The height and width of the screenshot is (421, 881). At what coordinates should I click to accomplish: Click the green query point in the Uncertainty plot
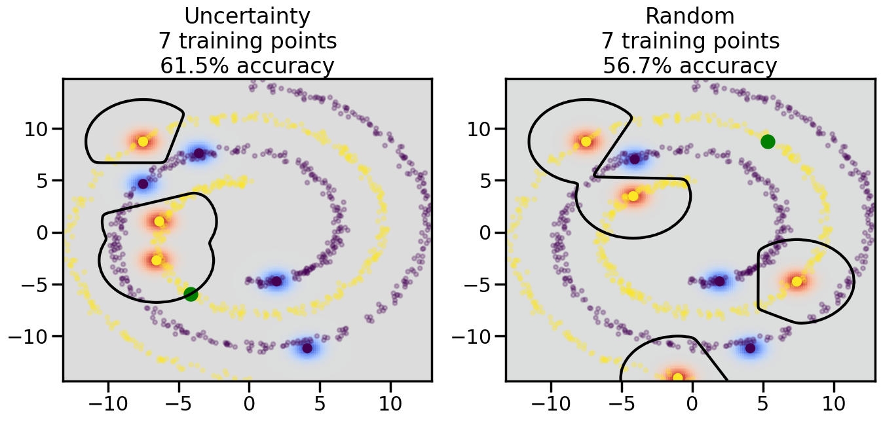[x=191, y=294]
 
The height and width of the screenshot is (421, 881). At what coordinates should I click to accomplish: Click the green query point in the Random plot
[x=768, y=141]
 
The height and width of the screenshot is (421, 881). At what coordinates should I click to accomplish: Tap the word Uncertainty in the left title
[x=248, y=16]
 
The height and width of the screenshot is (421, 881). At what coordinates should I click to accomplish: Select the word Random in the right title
[x=690, y=16]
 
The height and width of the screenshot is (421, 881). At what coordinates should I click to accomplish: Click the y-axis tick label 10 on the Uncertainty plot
[x=39, y=128]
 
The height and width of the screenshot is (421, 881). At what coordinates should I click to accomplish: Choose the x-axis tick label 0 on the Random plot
[x=692, y=401]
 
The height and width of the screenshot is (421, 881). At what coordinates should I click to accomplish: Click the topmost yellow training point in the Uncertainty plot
[x=143, y=141]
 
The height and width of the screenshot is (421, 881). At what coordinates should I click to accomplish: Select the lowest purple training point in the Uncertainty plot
[x=307, y=348]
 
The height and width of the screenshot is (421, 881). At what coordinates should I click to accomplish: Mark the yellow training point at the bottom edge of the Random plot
[x=677, y=377]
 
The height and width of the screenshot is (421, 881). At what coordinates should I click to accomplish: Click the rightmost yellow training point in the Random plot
[x=797, y=282]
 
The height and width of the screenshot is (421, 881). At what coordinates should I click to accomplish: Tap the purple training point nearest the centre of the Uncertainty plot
[x=276, y=282]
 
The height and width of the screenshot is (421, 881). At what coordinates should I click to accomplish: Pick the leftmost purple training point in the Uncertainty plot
[x=143, y=183]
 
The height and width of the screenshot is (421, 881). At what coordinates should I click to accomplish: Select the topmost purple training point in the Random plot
[x=634, y=159]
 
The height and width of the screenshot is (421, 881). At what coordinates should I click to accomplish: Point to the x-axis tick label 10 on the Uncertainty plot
[x=390, y=401]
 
